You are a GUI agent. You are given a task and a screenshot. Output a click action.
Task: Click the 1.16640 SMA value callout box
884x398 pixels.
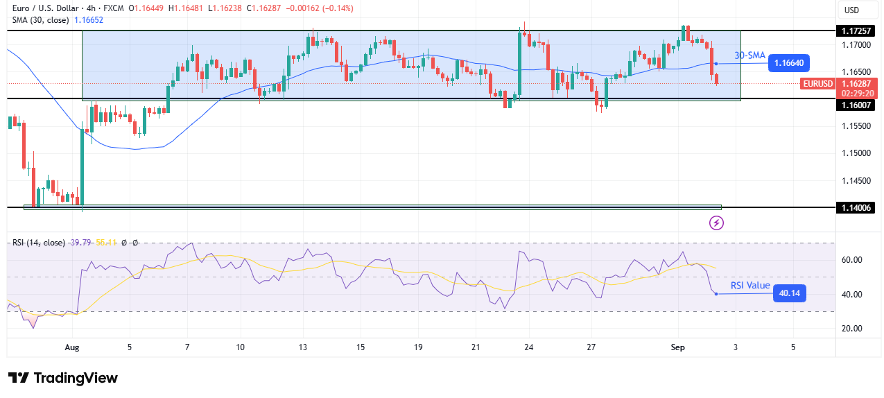788,63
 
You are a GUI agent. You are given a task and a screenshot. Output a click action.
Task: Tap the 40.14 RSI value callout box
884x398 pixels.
790,293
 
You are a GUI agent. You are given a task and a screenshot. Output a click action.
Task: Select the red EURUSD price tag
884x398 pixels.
818,84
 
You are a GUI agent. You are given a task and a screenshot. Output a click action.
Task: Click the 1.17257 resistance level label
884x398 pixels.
858,31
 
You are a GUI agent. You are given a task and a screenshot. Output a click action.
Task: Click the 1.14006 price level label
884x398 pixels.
858,207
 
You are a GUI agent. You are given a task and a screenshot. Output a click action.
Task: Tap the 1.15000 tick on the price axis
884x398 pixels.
858,153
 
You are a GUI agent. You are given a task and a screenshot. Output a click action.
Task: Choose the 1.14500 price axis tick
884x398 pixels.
858,180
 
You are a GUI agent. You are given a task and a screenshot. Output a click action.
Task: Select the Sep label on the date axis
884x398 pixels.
679,347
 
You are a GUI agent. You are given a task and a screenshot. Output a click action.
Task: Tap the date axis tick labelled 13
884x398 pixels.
303,347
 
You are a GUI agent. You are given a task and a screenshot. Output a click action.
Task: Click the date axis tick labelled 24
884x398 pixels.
528,347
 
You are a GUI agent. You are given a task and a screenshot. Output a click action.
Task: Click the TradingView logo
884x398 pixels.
63,378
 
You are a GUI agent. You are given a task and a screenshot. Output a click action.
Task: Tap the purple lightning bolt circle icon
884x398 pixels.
717,223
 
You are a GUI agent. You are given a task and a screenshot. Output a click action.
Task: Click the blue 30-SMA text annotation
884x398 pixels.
749,55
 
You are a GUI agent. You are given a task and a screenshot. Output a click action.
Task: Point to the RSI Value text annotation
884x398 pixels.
750,286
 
